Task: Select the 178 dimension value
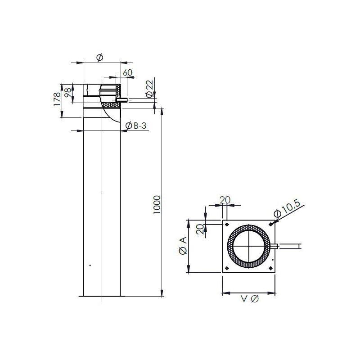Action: pos(57,99)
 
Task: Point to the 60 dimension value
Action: pos(127,72)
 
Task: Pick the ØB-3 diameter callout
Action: pos(136,126)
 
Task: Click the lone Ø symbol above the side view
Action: pos(100,57)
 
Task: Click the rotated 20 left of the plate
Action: pos(200,229)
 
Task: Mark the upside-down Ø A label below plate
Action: pos(248,299)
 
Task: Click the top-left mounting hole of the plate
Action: pos(228,225)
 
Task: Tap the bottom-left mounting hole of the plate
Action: pos(228,267)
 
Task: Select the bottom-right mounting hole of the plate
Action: pos(270,267)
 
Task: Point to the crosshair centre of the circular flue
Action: pos(249,246)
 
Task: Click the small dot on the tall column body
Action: pos(90,265)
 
